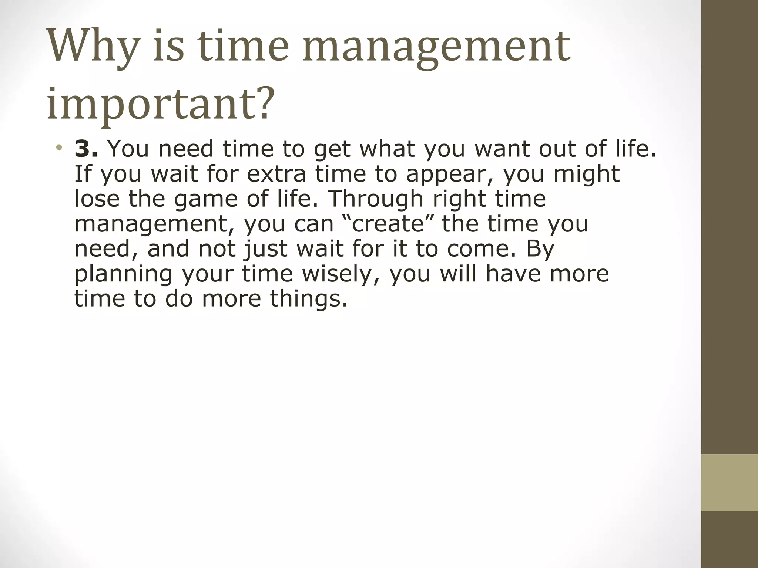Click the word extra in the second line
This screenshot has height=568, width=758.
[276, 174]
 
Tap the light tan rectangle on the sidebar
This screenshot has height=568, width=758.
[729, 483]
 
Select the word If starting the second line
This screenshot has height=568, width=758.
[83, 174]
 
